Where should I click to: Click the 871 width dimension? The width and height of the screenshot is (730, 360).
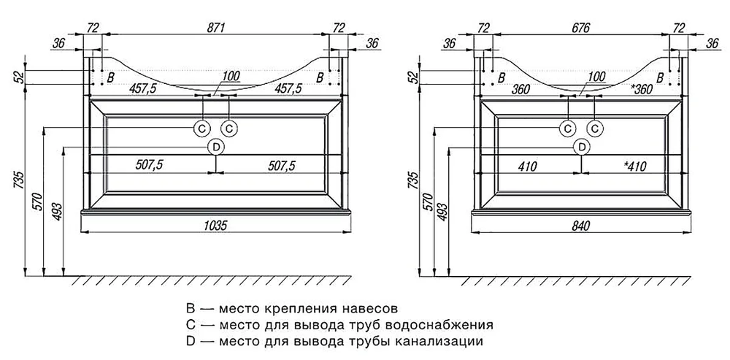pos(217,28)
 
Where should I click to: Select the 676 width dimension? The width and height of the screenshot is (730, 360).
pos(581,28)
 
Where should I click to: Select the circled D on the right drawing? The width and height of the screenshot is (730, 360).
pos(581,147)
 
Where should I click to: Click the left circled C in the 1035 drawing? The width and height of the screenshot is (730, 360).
pos(202,129)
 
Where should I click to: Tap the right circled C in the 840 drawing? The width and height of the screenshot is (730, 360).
pos(596,129)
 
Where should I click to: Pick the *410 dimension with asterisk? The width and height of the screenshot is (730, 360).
pos(635,166)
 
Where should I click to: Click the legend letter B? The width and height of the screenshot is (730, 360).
pos(192,307)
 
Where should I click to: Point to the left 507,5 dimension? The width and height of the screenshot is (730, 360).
pos(148,166)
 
